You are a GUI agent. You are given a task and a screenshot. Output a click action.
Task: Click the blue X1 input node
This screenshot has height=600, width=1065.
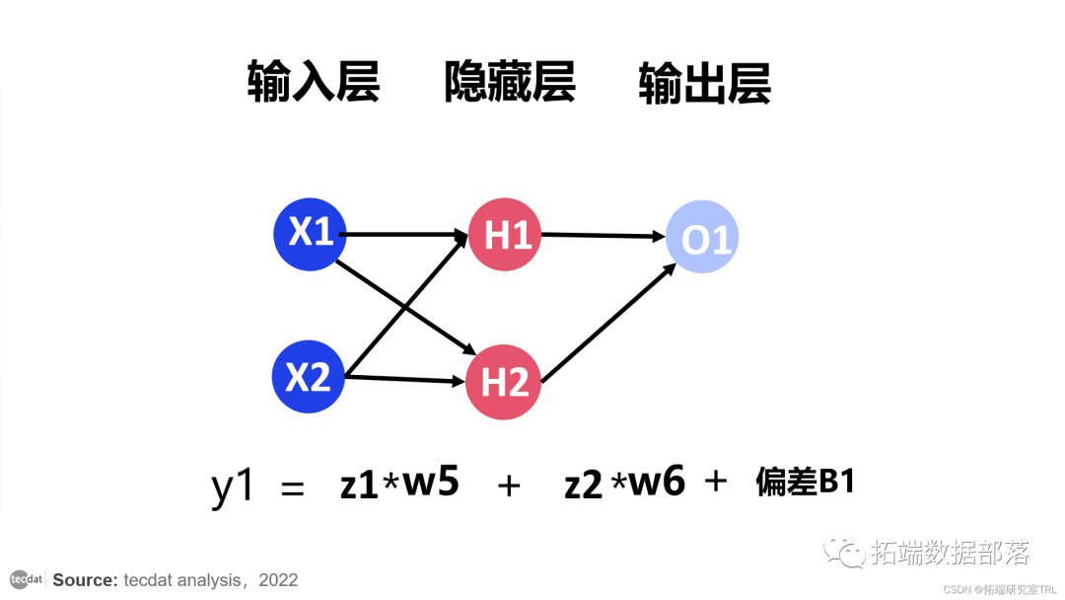pos(310,234)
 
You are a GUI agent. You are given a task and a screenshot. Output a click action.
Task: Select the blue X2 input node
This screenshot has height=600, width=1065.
pos(308,377)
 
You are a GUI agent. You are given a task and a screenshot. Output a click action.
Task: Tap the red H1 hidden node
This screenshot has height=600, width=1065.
pos(505,235)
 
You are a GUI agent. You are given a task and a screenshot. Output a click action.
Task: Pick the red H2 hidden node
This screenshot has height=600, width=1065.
pos(503,381)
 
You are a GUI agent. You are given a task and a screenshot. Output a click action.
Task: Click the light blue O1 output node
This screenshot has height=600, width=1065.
pos(701,239)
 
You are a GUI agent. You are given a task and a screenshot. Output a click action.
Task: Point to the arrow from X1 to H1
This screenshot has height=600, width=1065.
pos(404,235)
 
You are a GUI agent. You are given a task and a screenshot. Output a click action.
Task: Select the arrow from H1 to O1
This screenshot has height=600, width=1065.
pos(602,236)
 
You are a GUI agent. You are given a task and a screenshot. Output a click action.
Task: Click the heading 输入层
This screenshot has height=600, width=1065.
pos(314,83)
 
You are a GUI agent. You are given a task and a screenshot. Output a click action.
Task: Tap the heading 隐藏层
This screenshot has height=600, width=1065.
pos(510,83)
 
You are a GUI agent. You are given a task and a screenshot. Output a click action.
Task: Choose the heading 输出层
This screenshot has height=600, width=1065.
pos(704,83)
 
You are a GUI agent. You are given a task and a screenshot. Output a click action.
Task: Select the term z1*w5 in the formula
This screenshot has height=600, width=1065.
pos(399,485)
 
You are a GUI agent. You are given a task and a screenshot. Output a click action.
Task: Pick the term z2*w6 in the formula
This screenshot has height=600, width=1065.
pos(624,485)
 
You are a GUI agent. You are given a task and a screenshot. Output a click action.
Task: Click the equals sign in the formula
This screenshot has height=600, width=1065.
pos(293,488)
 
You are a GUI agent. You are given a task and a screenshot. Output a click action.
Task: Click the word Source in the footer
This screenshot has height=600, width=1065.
pos(85,580)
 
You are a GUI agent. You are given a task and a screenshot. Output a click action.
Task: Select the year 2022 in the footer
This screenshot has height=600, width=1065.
pos(278,580)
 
